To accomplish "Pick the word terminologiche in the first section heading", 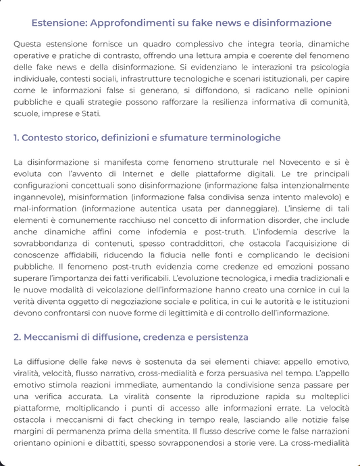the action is tap(240, 138).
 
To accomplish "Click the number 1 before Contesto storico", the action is tap(16, 138).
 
